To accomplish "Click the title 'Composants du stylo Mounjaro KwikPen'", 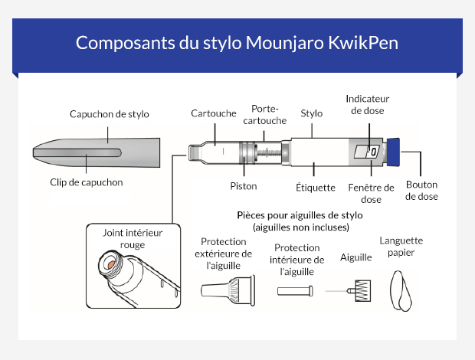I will tap(237, 42).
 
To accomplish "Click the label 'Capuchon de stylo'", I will tap(109, 114).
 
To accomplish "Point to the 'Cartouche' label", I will tap(214, 113).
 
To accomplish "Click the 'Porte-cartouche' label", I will tap(269, 115).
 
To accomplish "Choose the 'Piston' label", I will tap(244, 185).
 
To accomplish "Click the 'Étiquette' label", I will tap(315, 187).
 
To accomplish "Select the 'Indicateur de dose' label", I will tap(368, 104).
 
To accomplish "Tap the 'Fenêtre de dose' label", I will tap(371, 193).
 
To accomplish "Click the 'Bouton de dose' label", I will tap(422, 190).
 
